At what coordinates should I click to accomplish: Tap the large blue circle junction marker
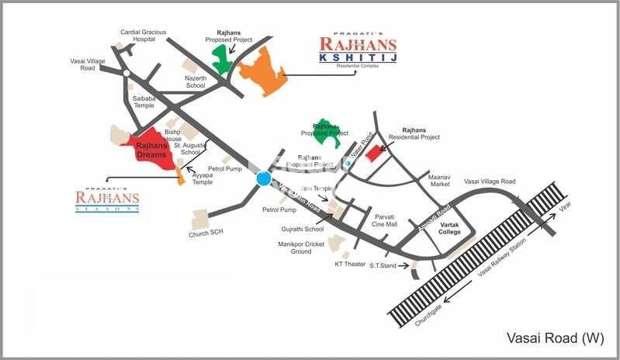(x=264, y=179)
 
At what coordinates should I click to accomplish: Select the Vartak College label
(x=450, y=228)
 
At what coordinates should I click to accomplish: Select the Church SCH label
(x=206, y=234)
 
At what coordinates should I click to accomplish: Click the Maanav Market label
(x=440, y=181)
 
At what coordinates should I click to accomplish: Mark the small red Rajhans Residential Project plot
(x=375, y=152)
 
